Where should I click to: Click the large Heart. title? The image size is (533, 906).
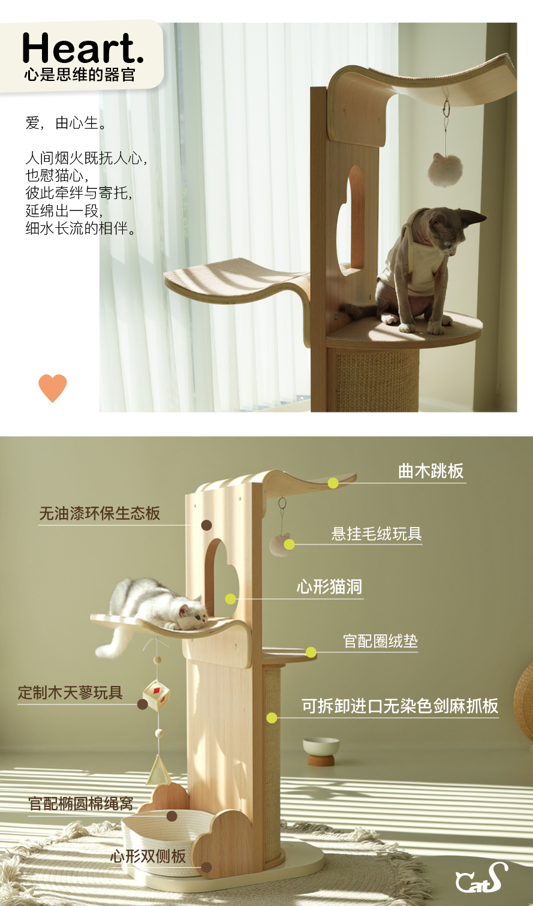(83, 48)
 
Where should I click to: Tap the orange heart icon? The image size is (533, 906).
(53, 388)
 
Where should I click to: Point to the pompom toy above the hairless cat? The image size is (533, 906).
(445, 170)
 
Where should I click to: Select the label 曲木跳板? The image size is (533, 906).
(430, 471)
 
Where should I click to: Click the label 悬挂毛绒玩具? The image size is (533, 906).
(377, 534)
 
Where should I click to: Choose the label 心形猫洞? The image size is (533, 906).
(329, 586)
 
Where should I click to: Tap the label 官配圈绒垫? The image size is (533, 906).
(380, 641)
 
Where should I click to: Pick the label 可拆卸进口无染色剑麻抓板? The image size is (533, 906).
(400, 706)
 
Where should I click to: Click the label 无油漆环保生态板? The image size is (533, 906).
(100, 513)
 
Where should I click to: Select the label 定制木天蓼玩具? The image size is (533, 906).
(70, 693)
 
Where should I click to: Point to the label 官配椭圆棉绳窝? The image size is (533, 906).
(80, 803)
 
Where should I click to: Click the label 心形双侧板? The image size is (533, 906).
(148, 856)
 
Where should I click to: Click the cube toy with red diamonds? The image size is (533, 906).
(156, 695)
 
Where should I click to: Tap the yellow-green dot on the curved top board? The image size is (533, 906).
(333, 483)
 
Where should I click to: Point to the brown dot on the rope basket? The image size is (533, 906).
(172, 816)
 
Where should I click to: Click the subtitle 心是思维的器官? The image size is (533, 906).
(80, 75)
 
